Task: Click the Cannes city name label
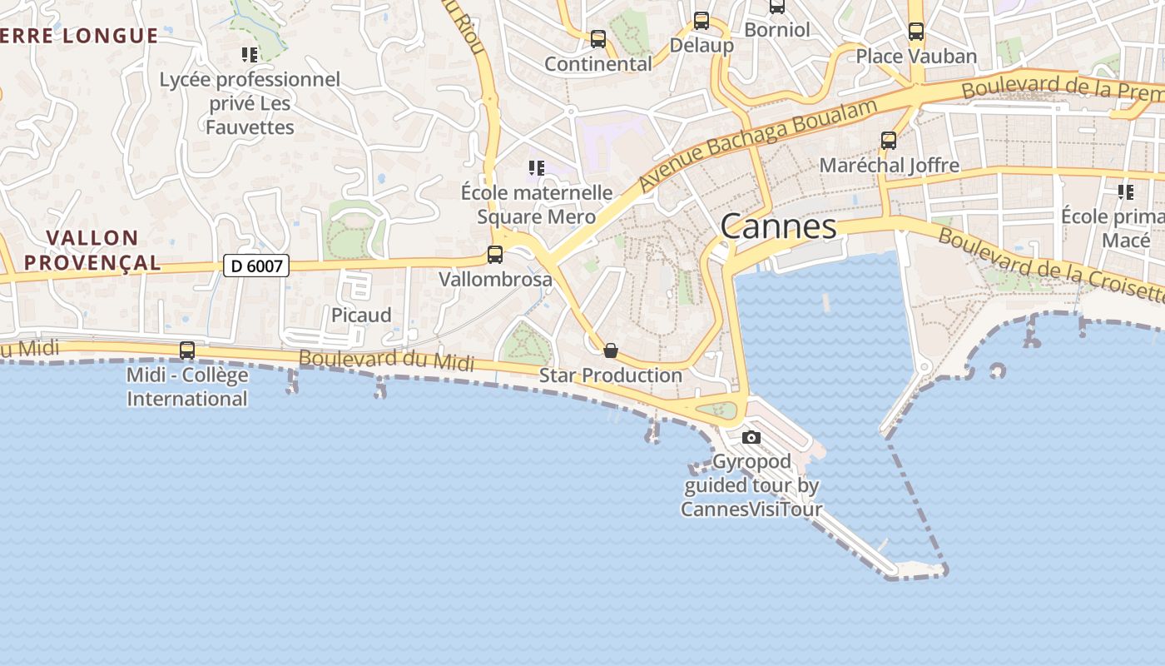point(778,226)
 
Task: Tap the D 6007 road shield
point(256,266)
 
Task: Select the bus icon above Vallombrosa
point(495,255)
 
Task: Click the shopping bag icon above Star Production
point(611,350)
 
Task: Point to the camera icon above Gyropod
point(751,438)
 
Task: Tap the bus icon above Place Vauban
point(916,32)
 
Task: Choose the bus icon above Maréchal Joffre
point(889,141)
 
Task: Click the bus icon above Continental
point(598,39)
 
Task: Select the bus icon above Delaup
point(701,21)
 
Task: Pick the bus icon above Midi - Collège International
point(187,350)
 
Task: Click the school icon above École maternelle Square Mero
point(537,168)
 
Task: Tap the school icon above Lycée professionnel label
point(250,55)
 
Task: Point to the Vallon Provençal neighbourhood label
point(92,250)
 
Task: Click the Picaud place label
point(361,316)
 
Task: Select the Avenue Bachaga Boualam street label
point(758,143)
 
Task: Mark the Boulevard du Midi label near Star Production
point(386,360)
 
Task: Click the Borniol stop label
point(776,30)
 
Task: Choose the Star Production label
point(611,375)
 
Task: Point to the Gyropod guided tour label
point(751,485)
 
